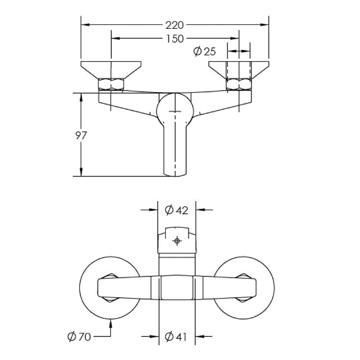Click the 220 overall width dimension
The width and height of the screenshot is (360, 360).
pyautogui.click(x=175, y=25)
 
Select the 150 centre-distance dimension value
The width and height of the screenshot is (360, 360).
pyautogui.click(x=175, y=39)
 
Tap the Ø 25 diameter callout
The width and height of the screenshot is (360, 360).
pyautogui.click(x=204, y=51)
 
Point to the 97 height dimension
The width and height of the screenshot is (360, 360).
pyautogui.click(x=81, y=135)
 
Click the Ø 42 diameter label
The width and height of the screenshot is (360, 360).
pyautogui.click(x=176, y=210)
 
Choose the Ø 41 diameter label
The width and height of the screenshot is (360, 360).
pyautogui.click(x=176, y=337)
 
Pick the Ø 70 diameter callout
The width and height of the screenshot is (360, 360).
pyautogui.click(x=79, y=337)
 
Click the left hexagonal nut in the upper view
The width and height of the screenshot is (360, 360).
pyautogui.click(x=111, y=84)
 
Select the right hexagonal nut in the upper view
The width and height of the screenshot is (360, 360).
pyautogui.click(x=239, y=84)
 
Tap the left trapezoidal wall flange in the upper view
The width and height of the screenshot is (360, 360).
pyautogui.click(x=111, y=70)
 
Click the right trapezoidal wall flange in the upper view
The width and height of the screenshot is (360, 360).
pyautogui.click(x=239, y=70)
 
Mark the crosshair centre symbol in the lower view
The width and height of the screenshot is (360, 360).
pyautogui.click(x=177, y=241)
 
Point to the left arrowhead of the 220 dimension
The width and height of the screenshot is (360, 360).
pyautogui.click(x=85, y=24)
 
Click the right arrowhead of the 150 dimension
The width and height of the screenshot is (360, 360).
pyautogui.click(x=235, y=39)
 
